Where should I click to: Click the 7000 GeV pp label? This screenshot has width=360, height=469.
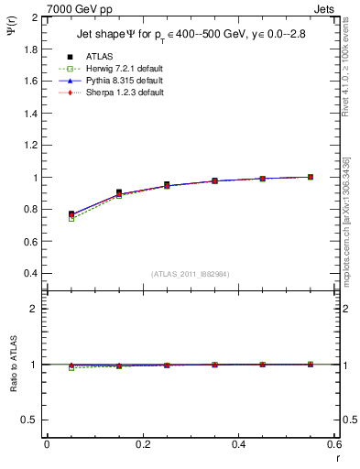click(72, 9)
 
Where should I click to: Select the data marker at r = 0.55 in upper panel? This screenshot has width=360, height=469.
click(311, 177)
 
